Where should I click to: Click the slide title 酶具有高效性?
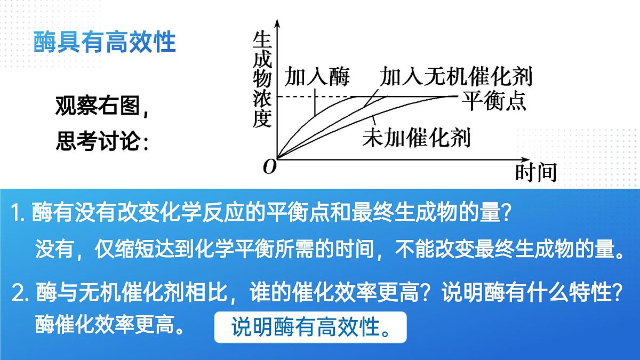105,42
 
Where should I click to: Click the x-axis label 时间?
535,172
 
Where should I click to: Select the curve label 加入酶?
317,77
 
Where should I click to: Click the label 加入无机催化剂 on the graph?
456,77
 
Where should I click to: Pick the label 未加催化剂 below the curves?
416,138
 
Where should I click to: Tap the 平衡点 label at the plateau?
494,100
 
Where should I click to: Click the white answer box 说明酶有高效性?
310,327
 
